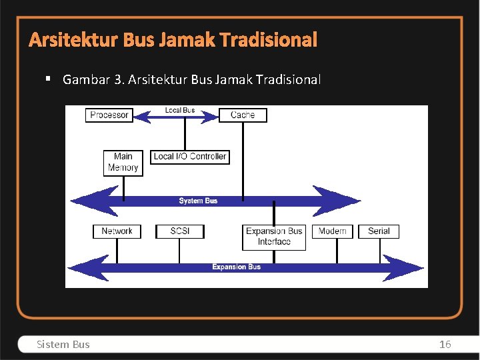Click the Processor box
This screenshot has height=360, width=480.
coord(109,115)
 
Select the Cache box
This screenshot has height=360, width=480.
coord(242,115)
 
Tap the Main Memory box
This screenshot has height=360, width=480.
coord(123,162)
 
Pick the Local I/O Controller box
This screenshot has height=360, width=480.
coord(190,157)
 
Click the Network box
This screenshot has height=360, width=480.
coord(117,231)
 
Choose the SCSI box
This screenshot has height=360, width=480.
coord(179,231)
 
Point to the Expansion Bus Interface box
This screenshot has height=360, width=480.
coord(274,237)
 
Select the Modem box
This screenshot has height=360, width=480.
coord(332,231)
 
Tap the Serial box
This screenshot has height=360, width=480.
coord(379,231)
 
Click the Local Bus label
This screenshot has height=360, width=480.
coord(180,110)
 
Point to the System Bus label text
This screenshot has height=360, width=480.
coord(198,201)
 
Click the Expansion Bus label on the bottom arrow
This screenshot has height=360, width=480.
coord(236,267)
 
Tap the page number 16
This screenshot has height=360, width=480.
coord(445,344)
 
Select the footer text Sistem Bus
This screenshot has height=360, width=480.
coord(63,344)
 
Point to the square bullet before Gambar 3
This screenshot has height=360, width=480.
coord(48,79)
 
